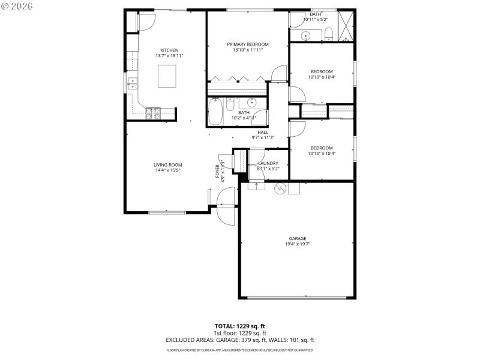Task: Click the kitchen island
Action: pyautogui.click(x=169, y=77)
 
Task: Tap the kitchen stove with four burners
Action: pyautogui.click(x=153, y=112)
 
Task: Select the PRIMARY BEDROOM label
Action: pyautogui.click(x=247, y=44)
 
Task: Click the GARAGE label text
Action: pyautogui.click(x=298, y=238)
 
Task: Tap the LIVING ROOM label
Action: pyautogui.click(x=167, y=164)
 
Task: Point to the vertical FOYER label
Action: pyautogui.click(x=218, y=171)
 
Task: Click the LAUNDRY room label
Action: pyautogui.click(x=268, y=163)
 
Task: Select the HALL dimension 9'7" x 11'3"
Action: pyautogui.click(x=263, y=138)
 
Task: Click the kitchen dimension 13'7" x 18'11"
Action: pyautogui.click(x=169, y=56)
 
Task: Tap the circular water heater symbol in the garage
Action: pyautogui.click(x=278, y=188)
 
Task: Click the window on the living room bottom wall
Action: pyautogui.click(x=167, y=212)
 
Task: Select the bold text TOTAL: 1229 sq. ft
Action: pyautogui.click(x=240, y=326)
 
